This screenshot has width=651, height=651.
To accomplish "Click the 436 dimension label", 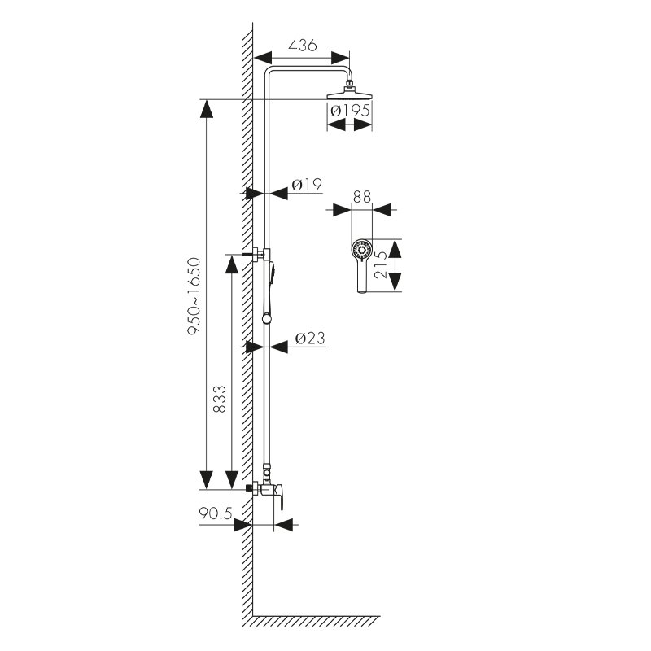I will [x=302, y=46].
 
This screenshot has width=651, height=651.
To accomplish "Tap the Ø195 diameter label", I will [x=349, y=110].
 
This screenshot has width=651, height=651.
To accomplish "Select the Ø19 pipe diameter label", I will [x=306, y=185].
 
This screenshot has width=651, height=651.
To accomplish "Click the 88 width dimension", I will [x=362, y=197].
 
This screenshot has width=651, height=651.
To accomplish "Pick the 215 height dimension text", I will [x=379, y=265].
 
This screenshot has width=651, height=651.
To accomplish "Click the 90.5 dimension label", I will [x=216, y=513].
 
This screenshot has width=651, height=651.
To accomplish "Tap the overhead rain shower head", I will [x=350, y=94].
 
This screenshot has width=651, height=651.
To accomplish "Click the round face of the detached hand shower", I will [x=360, y=248].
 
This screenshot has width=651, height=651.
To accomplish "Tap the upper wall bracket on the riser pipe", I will [x=257, y=253].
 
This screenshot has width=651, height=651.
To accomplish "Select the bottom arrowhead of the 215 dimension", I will [x=395, y=282].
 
